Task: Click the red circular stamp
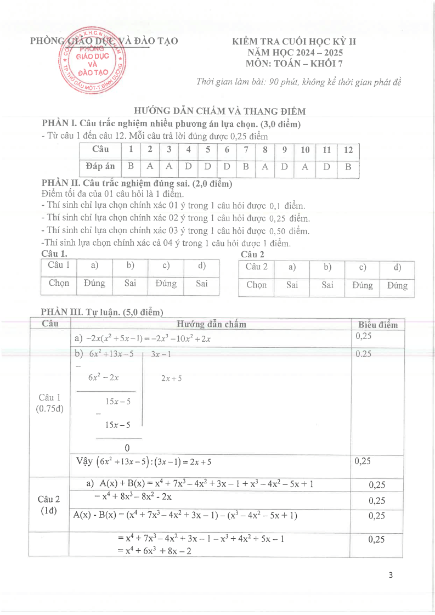coord(92,63)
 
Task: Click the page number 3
coord(390,575)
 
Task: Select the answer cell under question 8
coord(265,167)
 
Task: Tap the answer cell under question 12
coord(348,167)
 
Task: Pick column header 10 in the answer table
coord(305,150)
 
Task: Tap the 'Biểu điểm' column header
coord(378,324)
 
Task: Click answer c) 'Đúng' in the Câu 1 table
coord(166,284)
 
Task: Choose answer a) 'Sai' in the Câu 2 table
coord(292,285)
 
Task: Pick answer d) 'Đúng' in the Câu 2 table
coord(397,285)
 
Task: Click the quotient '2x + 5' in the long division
coord(171,378)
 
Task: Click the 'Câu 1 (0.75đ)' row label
coord(50,403)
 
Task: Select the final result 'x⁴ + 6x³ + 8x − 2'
coord(155,551)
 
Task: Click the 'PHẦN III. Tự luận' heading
coord(102,312)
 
